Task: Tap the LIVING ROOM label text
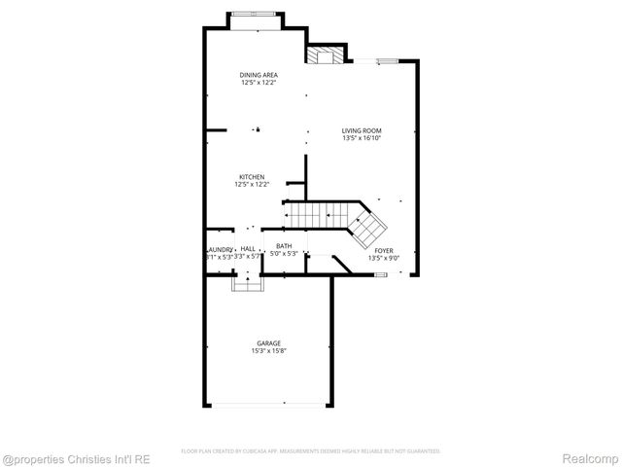tap(362, 130)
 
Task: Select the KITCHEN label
tap(252, 176)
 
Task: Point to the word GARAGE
tap(269, 342)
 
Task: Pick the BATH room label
tap(284, 246)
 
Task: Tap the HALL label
tap(248, 248)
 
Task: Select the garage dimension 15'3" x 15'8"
tap(269, 350)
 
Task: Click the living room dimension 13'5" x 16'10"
tap(362, 138)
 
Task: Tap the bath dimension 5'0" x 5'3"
tap(284, 254)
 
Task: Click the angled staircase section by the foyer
tap(368, 229)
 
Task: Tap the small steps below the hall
tap(248, 284)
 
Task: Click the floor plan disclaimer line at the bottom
tap(311, 451)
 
